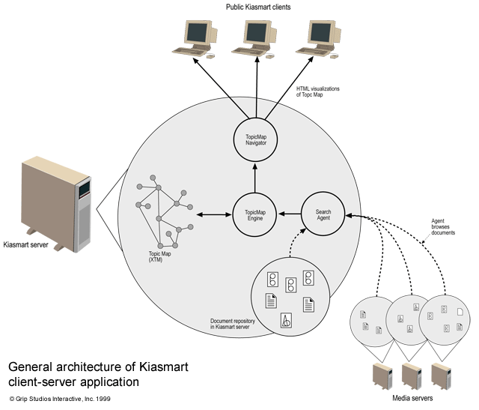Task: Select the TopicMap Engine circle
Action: coord(254,216)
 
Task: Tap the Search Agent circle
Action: coord(323,216)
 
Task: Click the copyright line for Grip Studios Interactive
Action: coord(60,399)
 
